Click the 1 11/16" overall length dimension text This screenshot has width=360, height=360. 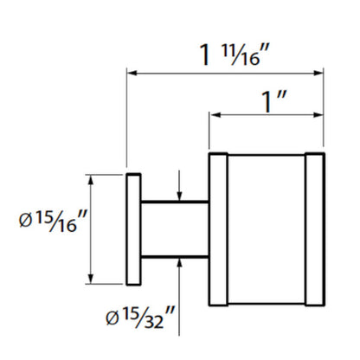[235, 55]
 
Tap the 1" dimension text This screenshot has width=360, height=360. [273, 101]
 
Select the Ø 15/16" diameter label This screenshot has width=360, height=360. [53, 222]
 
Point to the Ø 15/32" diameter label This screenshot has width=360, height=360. [140, 318]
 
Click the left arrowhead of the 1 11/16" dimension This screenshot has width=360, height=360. [132, 73]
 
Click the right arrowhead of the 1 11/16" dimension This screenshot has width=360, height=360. [318, 73]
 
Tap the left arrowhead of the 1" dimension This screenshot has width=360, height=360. [215, 115]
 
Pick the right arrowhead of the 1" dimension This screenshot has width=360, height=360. [318, 115]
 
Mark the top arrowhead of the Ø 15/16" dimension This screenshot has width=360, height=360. [91, 180]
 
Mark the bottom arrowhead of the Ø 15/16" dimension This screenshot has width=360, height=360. [91, 279]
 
